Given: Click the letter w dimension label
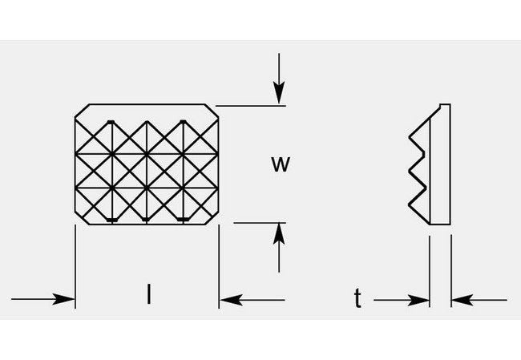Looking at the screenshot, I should (279, 164).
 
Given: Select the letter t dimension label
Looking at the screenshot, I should (357, 299).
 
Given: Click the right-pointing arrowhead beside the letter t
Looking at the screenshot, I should (422, 301).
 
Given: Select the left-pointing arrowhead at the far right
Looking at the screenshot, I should (458, 301).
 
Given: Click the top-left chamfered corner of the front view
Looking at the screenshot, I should (79, 110).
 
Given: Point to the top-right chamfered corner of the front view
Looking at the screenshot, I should (215, 110).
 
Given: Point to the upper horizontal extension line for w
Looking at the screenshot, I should (248, 104).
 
